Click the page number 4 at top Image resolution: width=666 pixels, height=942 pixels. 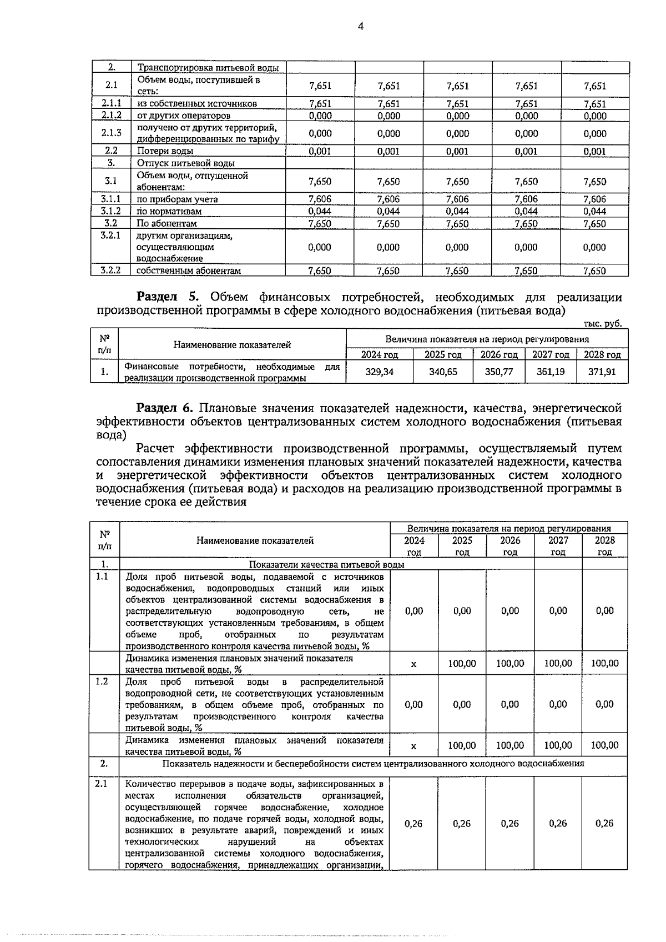point(361,27)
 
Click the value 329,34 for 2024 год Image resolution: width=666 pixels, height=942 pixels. point(380,372)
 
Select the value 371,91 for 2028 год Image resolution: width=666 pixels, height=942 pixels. point(602,372)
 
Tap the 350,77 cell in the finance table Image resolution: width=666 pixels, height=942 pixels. point(498,372)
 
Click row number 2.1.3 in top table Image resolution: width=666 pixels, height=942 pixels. point(111,133)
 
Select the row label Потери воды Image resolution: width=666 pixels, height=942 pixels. point(165,151)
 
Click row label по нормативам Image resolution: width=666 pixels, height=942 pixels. point(169,211)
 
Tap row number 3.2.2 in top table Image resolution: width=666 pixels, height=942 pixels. point(111,270)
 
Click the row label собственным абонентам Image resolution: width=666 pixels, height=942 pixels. point(189,270)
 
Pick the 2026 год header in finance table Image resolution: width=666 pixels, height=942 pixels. point(498,354)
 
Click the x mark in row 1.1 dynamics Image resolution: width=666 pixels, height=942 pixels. point(413,664)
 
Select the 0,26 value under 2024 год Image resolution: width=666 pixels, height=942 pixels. point(413,823)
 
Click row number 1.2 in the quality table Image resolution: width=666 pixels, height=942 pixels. point(102,682)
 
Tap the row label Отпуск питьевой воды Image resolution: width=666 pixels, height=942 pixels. point(186,163)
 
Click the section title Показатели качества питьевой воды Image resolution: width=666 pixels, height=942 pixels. point(326,564)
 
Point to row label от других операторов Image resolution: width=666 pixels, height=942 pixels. point(184,116)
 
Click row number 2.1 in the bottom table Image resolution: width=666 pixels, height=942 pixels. point(102,784)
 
